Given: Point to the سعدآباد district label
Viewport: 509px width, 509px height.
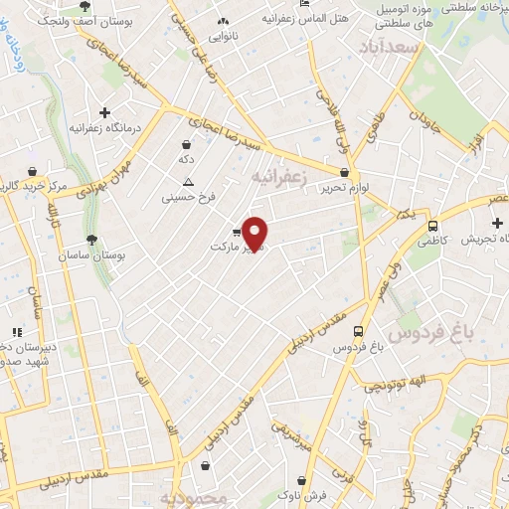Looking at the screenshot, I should [x=391, y=47].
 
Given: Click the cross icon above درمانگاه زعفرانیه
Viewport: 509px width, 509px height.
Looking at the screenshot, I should [x=104, y=112].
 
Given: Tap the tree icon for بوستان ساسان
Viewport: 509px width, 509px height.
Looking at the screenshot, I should [x=91, y=239].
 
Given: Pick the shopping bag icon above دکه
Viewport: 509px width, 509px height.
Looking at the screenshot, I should [x=186, y=144].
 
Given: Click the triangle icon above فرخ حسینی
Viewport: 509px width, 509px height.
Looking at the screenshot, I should [x=188, y=182].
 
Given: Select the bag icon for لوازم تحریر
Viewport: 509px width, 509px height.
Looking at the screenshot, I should [x=344, y=172].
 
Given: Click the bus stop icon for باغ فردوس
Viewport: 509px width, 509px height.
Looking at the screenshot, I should [x=358, y=332].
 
